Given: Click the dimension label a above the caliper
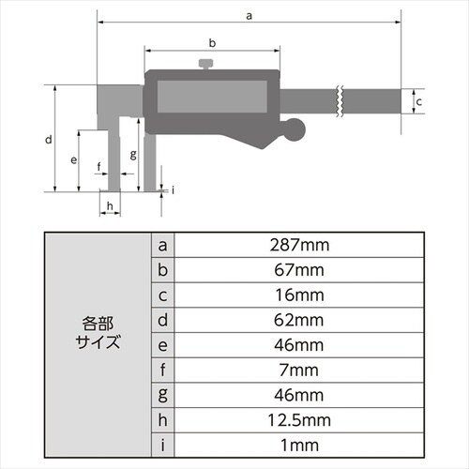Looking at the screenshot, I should tap(248, 15).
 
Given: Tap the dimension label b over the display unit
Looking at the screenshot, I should tap(212, 43).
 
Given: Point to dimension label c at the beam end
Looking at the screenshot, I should tap(420, 100).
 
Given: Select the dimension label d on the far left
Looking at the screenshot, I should tap(47, 140).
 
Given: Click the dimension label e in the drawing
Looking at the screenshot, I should tap(73, 160).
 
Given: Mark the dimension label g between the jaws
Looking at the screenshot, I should tap(134, 153).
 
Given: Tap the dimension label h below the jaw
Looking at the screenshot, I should tap(110, 204).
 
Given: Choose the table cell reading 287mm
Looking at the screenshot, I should tap(297, 246).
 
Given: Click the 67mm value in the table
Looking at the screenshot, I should tap(297, 270).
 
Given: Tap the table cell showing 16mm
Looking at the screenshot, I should tap(297, 295).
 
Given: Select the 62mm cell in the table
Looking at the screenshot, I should tap(297, 319).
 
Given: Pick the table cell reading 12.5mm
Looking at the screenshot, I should tap(297, 416).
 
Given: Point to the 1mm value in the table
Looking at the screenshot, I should tap(297, 441).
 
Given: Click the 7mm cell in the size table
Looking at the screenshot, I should tap(297, 368).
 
